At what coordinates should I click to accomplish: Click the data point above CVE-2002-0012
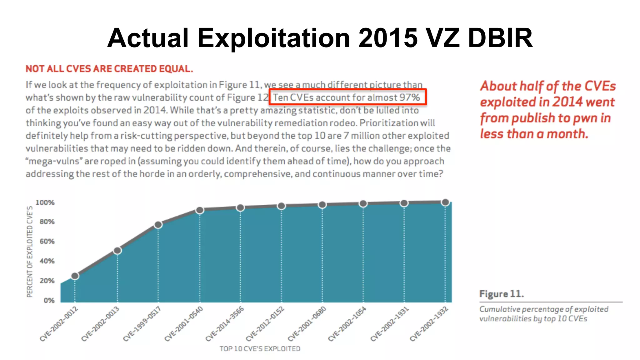pos(75,276)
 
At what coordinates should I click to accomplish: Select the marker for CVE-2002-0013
pos(117,250)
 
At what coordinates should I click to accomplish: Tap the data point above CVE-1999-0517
pos(158,225)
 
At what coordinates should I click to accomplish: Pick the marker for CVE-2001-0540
pos(200,210)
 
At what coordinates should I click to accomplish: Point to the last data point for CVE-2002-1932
pos(445,202)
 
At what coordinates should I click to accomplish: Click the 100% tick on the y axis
pos(45,202)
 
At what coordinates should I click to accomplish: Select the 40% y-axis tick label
pos(47,261)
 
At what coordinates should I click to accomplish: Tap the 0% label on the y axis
pos(49,300)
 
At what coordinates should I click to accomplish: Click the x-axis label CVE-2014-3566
pos(225,324)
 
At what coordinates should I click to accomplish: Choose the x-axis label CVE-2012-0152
pos(265,324)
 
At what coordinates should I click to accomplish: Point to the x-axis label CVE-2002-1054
pos(347,324)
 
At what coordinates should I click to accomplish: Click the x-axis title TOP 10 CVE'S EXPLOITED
pos(260,349)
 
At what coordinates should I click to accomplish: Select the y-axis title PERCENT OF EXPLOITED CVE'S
pos(30,252)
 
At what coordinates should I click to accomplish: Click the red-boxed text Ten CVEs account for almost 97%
pos(347,97)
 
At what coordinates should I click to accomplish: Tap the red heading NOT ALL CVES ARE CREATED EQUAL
pos(109,69)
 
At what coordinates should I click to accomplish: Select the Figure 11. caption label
pos(501,294)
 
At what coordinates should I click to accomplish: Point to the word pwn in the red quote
pos(586,118)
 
